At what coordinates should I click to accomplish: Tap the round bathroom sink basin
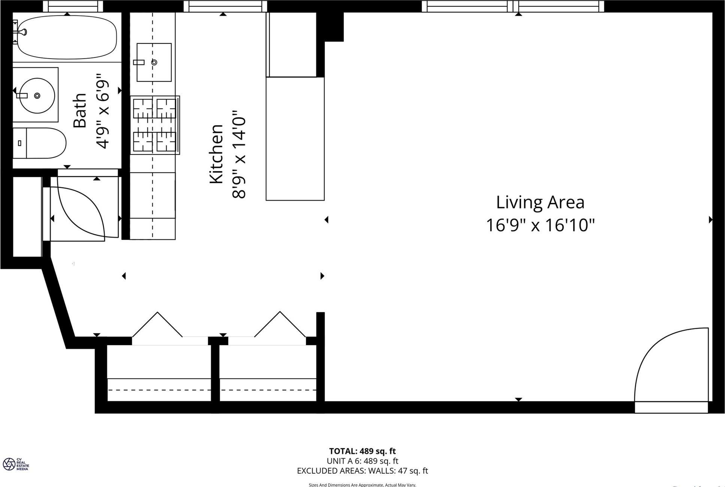coord(37,96)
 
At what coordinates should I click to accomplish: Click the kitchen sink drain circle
coord(154,62)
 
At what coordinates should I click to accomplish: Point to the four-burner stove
coord(155,125)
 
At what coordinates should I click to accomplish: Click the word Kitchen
coord(216,154)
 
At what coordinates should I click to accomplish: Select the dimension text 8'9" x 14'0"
coord(239,154)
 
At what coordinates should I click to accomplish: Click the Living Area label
coord(540,202)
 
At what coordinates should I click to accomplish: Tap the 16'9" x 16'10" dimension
coord(540,226)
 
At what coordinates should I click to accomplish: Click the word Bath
coord(80,111)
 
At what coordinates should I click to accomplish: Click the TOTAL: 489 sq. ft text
coord(362,451)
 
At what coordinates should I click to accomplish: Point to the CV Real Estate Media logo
coord(15,464)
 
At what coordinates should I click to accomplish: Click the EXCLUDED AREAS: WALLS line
coord(362,471)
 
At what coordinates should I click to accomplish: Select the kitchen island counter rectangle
coord(295,138)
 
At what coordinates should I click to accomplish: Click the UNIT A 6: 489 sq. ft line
coord(362,461)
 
